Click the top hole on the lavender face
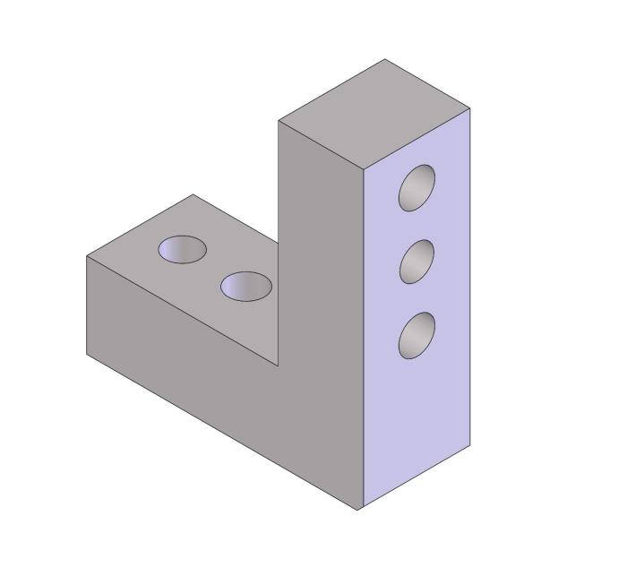click(x=417, y=188)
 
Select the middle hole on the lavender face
click(x=417, y=262)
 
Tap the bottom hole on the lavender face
click(x=417, y=335)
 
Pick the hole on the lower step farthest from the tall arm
click(x=183, y=249)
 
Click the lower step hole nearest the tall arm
click(x=246, y=286)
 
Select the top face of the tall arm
click(x=374, y=114)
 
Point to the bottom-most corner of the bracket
click(x=359, y=510)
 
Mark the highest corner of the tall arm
click(x=385, y=59)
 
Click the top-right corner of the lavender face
click(x=470, y=108)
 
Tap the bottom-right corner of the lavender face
click(x=470, y=445)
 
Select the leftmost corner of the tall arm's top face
click(x=279, y=120)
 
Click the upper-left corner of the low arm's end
click(x=87, y=257)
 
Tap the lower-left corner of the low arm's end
click(x=87, y=354)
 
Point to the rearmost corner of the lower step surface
click(x=193, y=194)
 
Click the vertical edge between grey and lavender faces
click(x=362, y=340)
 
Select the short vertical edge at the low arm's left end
click(x=87, y=305)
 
